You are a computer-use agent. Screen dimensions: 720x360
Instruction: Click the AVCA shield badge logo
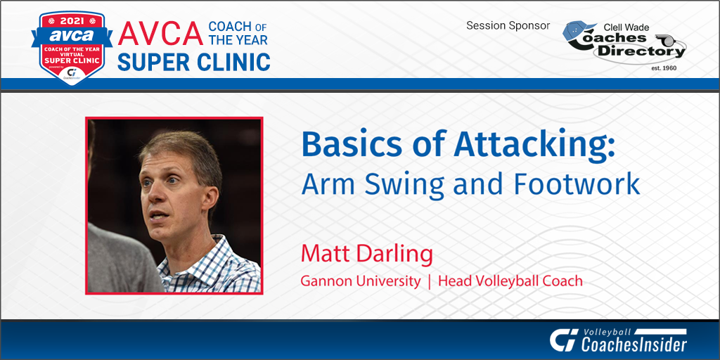tap(72, 48)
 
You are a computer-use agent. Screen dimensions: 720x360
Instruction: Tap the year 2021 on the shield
tap(72, 21)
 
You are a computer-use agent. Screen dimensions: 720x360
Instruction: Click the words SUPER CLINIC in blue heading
tap(193, 61)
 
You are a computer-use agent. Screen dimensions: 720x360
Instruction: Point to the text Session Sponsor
tap(508, 26)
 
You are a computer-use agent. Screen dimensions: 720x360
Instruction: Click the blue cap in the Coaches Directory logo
tap(578, 30)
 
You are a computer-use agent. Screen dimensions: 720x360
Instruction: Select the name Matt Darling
tap(367, 254)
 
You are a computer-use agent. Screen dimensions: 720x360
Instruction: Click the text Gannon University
tap(361, 281)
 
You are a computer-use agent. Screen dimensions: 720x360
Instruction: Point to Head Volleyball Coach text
tap(510, 281)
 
